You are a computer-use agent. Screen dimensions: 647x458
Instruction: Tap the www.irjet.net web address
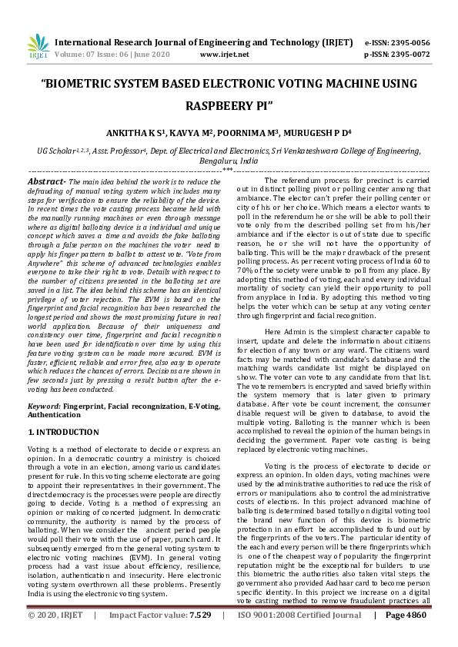pos(224,55)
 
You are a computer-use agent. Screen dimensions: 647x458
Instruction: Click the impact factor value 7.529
pos(200,637)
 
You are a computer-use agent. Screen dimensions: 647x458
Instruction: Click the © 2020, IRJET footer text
pos(56,637)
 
